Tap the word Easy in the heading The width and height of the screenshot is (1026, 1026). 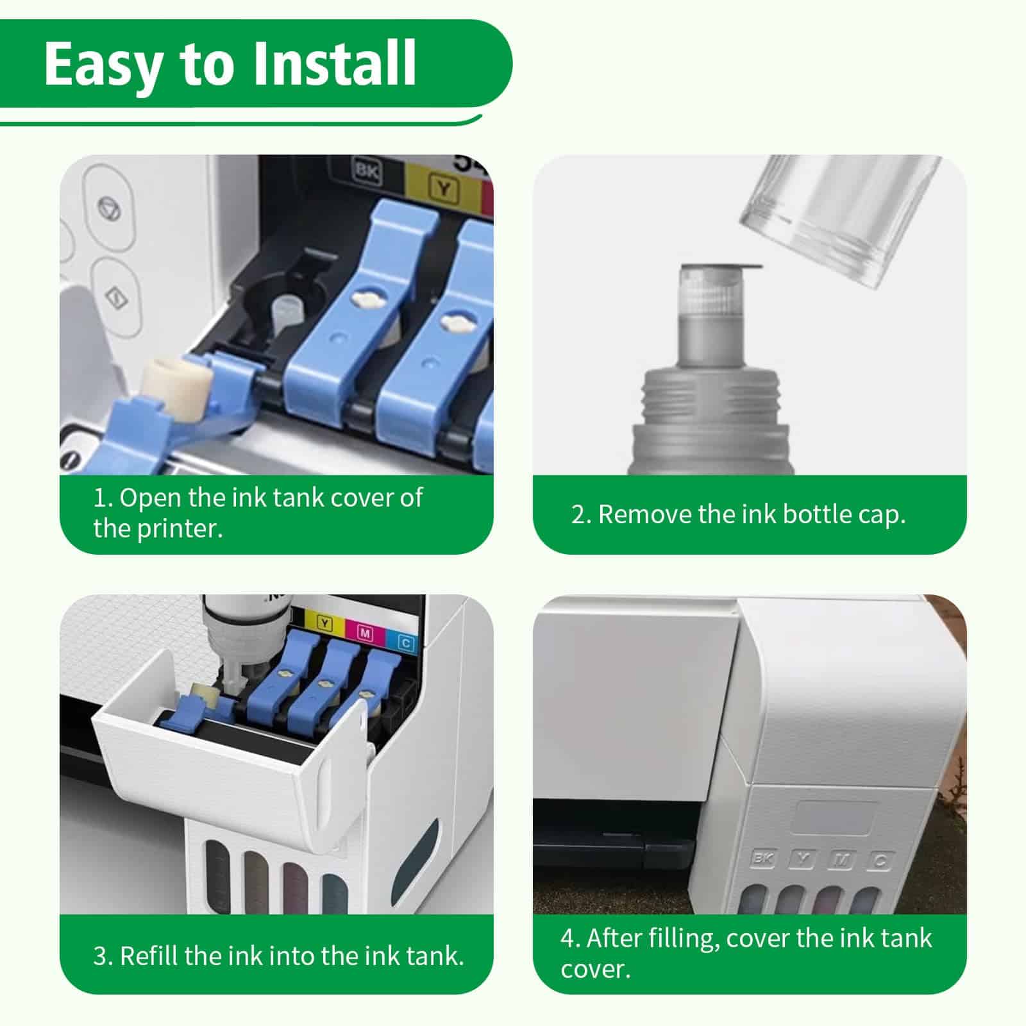click(103, 64)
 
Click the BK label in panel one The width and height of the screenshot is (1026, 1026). click(366, 170)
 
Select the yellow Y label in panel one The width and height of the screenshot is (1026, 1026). click(443, 187)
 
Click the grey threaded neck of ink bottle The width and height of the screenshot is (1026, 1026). click(711, 391)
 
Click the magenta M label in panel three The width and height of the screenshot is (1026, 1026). click(365, 634)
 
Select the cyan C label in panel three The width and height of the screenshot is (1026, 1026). click(405, 642)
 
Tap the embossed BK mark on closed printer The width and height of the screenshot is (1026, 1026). click(762, 858)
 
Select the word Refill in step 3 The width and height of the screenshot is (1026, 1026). click(149, 955)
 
